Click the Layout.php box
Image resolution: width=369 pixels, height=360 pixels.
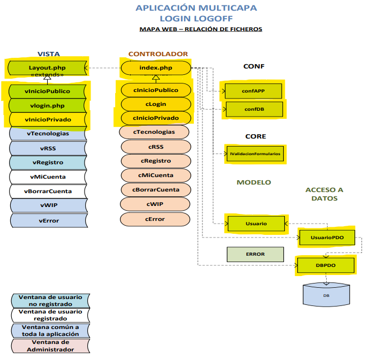click(47, 68)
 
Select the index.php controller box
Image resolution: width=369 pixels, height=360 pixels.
click(155, 68)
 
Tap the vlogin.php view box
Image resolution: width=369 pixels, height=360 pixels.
click(47, 105)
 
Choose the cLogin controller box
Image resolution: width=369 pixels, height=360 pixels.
click(155, 104)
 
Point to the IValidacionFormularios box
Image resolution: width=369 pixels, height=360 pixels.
click(255, 154)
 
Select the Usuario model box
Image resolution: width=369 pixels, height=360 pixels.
click(256, 224)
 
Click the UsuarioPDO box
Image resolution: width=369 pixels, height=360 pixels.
click(327, 237)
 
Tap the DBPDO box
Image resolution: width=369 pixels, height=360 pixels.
click(325, 265)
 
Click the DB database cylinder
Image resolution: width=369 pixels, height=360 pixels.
click(326, 295)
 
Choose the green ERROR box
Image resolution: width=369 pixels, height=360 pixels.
click(255, 254)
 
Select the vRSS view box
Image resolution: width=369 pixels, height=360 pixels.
click(48, 148)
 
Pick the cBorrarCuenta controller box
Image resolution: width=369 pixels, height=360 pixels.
click(155, 189)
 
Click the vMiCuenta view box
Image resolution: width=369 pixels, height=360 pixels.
click(48, 177)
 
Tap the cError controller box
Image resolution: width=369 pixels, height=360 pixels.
click(155, 219)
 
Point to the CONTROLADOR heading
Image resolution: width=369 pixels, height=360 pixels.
click(158, 54)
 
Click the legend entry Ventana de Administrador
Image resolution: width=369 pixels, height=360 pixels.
click(50, 346)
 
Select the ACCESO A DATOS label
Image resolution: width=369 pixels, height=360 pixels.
click(324, 194)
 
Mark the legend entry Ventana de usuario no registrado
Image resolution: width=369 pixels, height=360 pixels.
click(50, 300)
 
